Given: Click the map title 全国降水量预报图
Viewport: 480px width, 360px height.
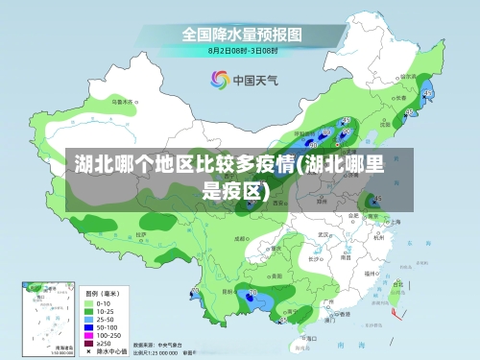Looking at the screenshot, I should (x=242, y=34).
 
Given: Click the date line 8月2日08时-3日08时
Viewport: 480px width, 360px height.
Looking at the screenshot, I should (x=242, y=49).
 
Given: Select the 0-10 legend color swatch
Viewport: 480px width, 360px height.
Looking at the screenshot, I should (x=89, y=303).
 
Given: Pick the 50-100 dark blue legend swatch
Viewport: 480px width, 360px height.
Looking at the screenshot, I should (x=89, y=326).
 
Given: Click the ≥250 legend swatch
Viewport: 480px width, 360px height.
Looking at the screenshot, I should (x=89, y=343).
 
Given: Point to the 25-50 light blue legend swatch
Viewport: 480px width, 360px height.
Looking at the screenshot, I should (x=89, y=319).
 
